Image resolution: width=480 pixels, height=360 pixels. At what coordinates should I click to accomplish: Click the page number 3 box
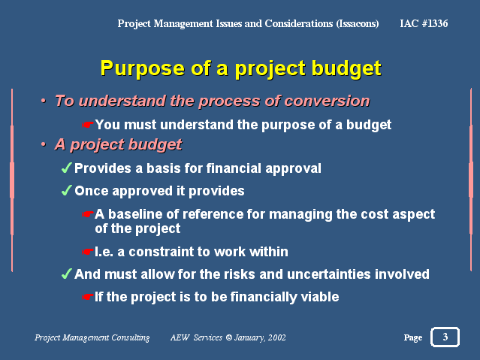tap(445, 337)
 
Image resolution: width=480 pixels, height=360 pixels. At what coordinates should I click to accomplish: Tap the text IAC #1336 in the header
tap(424, 23)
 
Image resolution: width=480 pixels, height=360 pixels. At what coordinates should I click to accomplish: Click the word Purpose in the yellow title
tap(142, 68)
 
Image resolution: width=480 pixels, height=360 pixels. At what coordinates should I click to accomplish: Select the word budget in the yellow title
tap(346, 68)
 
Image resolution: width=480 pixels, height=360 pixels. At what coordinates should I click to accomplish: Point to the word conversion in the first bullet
tap(327, 101)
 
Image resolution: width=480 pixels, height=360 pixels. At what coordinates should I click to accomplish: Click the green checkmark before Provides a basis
tap(66, 168)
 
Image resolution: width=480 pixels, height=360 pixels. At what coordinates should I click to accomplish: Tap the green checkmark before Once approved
tap(66, 191)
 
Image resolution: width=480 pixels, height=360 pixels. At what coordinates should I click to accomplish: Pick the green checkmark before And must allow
tap(66, 274)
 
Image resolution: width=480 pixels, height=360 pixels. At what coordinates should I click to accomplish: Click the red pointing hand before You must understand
tap(87, 125)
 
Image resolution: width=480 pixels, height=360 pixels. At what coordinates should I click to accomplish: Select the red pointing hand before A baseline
tap(87, 214)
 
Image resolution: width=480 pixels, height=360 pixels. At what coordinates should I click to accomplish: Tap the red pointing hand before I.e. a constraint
tap(87, 252)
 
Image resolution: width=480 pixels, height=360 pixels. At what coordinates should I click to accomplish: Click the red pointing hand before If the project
tap(87, 297)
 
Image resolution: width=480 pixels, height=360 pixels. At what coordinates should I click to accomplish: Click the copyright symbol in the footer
tap(229, 337)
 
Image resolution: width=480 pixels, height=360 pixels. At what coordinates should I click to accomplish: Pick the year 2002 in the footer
tap(276, 337)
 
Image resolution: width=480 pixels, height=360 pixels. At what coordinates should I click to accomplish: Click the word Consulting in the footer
tap(131, 337)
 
